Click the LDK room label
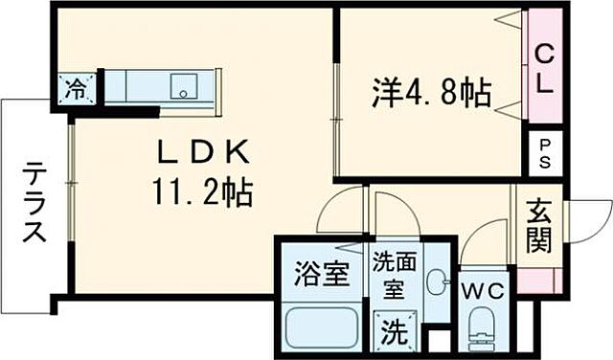point(204,152)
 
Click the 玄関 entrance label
point(538,227)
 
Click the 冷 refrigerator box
point(75,90)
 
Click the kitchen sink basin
point(183,87)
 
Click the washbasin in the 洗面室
point(437,281)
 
